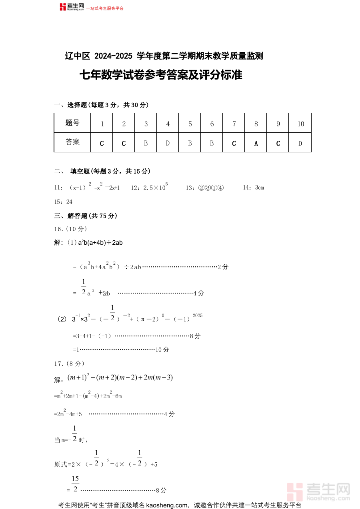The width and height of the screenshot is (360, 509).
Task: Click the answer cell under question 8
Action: click(x=256, y=143)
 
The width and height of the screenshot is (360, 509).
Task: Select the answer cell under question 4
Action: click(x=168, y=143)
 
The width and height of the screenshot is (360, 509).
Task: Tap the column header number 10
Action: click(x=300, y=124)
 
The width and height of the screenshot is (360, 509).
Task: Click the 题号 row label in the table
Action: click(x=72, y=123)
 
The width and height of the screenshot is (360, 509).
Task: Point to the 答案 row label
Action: click(x=72, y=142)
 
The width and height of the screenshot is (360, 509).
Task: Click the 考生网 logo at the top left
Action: click(x=72, y=7)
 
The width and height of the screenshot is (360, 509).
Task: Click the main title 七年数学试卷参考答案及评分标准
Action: click(x=161, y=75)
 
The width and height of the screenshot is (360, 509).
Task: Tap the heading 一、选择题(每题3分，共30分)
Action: click(x=101, y=105)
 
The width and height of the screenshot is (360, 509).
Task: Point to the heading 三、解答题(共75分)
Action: click(x=86, y=216)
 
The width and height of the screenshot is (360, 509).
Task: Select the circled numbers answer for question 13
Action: click(x=210, y=188)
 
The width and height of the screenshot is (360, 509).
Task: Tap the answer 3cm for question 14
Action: click(x=259, y=188)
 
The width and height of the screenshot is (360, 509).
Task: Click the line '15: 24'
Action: click(x=63, y=202)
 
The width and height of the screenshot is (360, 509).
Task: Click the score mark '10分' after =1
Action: click(x=162, y=350)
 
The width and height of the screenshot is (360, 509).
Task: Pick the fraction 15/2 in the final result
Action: click(x=75, y=484)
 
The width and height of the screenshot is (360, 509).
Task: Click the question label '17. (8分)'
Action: click(x=69, y=363)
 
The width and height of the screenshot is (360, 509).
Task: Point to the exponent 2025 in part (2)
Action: click(x=198, y=315)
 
